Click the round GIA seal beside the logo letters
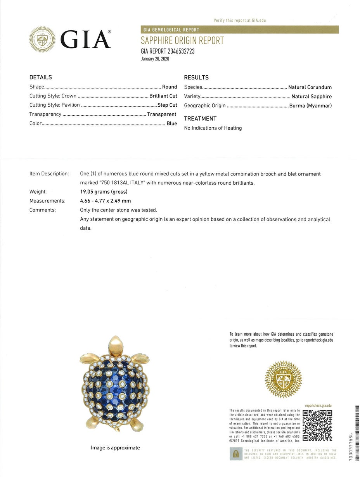tap(42, 39)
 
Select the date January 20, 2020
tap(155, 59)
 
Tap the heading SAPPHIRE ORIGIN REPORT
tap(182, 41)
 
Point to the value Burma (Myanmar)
tap(310, 106)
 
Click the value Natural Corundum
tap(310, 87)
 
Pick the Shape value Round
tap(170, 87)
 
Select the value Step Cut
tap(167, 105)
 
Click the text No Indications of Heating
tap(213, 128)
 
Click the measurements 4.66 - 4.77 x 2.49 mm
tap(106, 201)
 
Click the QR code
tap(317, 425)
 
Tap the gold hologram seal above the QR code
tap(283, 379)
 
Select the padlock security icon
tap(235, 454)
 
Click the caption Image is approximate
tap(115, 448)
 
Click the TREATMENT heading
tap(200, 119)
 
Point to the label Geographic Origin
tap(205, 106)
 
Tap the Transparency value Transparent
tap(161, 114)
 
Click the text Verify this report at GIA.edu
tap(240, 20)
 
